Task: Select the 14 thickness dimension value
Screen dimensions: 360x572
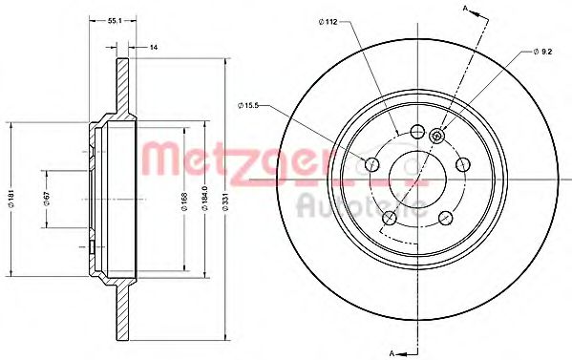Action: [153, 46]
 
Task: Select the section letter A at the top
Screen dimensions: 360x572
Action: [465, 10]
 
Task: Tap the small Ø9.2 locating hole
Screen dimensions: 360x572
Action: [436, 136]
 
